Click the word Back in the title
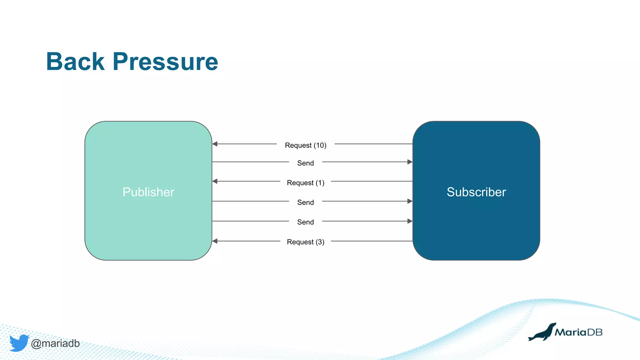pos(75,62)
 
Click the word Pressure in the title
pos(165,62)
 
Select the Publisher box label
pos(148,192)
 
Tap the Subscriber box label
pos(476,192)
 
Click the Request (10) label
pos(305,145)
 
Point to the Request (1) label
pos(305,182)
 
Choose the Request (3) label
pos(305,242)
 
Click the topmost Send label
pos(305,163)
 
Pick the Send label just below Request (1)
pos(305,202)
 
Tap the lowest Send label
pos(305,222)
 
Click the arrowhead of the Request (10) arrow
pos(215,144)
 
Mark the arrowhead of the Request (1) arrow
pos(215,181)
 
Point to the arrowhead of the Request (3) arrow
pos(215,241)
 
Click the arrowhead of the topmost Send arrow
pos(410,162)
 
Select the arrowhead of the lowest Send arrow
pos(410,221)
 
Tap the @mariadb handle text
pos(55,343)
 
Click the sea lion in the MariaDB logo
pos(542,333)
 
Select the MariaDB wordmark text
pos(578,332)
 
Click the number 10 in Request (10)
pos(320,145)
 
